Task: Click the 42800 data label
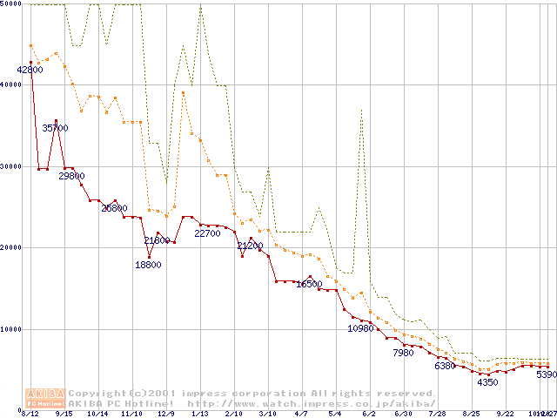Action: coord(30,70)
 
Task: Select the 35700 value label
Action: coord(55,128)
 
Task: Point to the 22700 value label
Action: coord(207,233)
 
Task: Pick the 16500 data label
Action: coord(309,284)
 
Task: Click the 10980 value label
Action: coord(360,328)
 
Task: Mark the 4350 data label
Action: coord(487,382)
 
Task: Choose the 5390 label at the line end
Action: coord(546,374)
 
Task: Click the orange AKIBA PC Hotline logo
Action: coord(45,398)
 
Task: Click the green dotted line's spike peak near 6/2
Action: coord(361,110)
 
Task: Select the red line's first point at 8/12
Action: coord(30,63)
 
